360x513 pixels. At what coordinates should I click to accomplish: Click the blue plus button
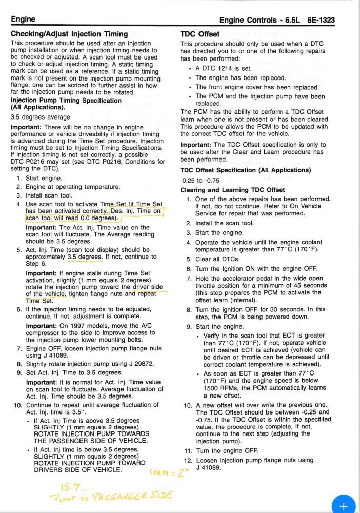pyautogui.click(x=344, y=505)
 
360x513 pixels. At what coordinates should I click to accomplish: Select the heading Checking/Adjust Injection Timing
pyautogui.click(x=69, y=34)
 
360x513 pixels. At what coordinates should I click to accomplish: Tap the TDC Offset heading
pyautogui.click(x=200, y=34)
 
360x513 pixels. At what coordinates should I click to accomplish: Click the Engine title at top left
pyautogui.click(x=23, y=19)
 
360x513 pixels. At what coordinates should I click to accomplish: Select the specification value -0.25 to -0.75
pyautogui.click(x=200, y=180)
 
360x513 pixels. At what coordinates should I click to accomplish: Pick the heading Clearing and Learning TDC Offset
pyautogui.click(x=232, y=190)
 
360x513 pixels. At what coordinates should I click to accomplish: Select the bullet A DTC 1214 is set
pyautogui.click(x=224, y=68)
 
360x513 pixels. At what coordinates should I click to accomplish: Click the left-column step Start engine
pyautogui.click(x=44, y=178)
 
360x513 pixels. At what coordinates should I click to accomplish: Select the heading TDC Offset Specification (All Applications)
pyautogui.click(x=246, y=170)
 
